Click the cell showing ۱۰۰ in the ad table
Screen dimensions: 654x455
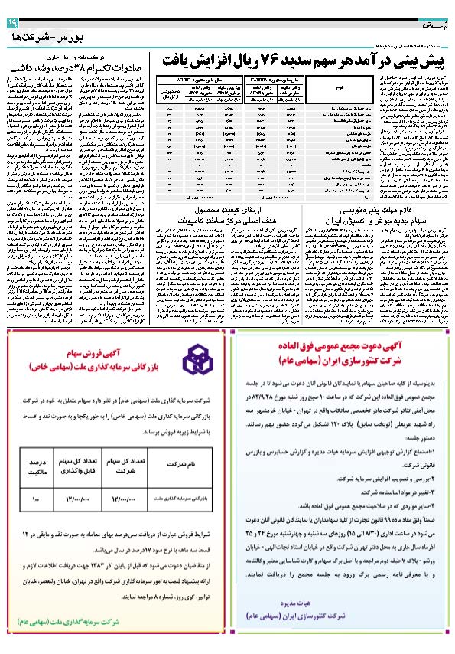point(37,498)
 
